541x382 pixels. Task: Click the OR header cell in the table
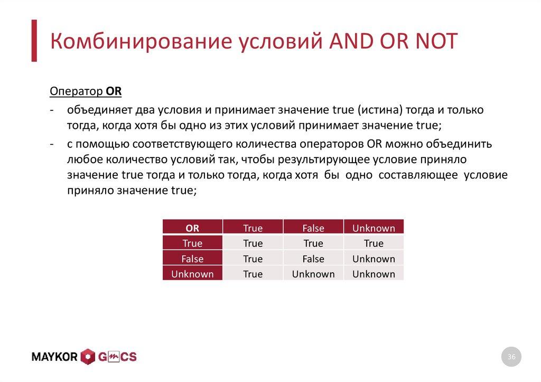(x=192, y=228)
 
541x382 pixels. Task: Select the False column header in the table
(x=313, y=228)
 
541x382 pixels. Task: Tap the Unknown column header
(x=374, y=228)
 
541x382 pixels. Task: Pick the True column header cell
(x=253, y=228)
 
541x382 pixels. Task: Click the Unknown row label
(x=192, y=274)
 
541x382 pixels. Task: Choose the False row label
(x=192, y=258)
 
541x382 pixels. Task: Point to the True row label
(x=192, y=243)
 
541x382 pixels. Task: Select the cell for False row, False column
(x=313, y=258)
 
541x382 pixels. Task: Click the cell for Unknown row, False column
(x=313, y=274)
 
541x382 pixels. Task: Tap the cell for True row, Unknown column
(x=374, y=243)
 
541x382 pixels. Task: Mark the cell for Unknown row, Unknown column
(x=374, y=274)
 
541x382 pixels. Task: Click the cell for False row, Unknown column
(x=374, y=258)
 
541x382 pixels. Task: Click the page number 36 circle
(x=511, y=357)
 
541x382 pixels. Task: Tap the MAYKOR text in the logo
(x=54, y=357)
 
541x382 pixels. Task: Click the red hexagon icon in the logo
(x=88, y=357)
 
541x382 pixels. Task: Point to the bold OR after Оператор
(x=114, y=91)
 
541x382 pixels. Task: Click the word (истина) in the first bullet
(x=379, y=110)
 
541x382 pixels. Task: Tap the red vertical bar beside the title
(x=34, y=41)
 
